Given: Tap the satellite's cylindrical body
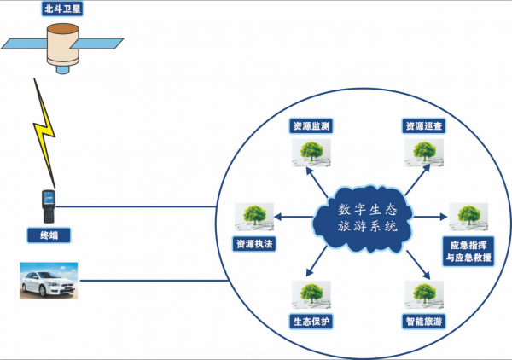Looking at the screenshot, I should (61, 44).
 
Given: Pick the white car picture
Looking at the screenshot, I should (49, 281).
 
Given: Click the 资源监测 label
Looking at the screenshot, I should (311, 126).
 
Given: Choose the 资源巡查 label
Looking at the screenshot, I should (424, 126).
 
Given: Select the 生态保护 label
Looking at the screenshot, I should (311, 322).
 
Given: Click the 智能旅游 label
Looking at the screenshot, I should (424, 322).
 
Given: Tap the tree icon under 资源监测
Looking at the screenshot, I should (311, 152).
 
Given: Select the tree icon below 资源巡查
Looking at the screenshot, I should (424, 152).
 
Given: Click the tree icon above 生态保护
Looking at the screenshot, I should (311, 295).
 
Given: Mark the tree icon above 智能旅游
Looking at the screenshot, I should (424, 295).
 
